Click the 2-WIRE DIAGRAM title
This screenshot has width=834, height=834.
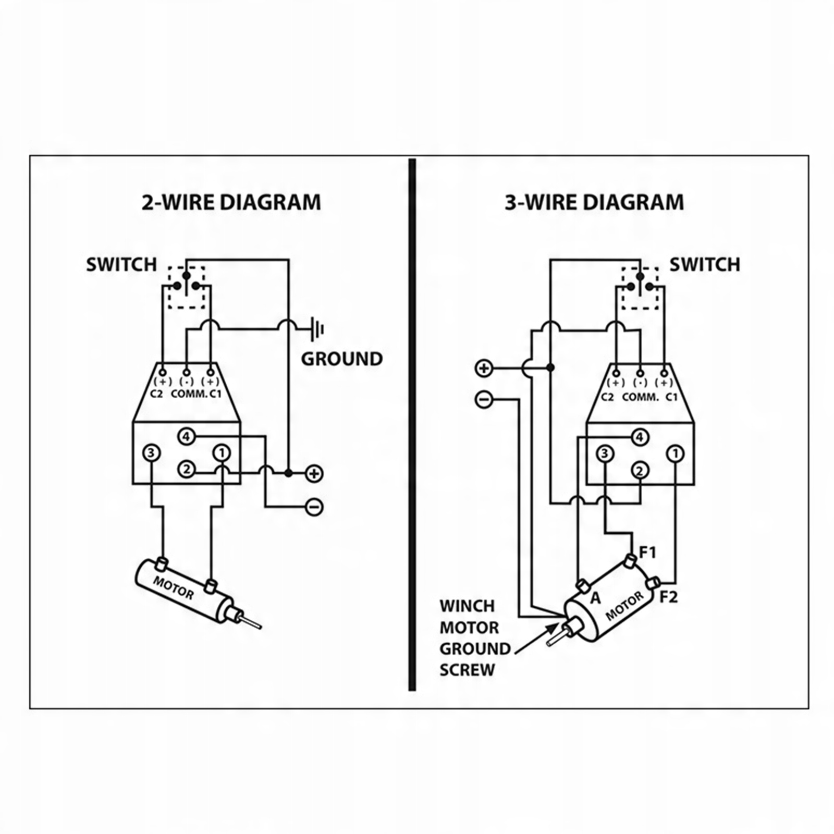click(231, 202)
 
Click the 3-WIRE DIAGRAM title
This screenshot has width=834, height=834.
click(594, 202)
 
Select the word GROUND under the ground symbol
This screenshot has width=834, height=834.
click(341, 359)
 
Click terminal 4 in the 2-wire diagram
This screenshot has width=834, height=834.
click(186, 436)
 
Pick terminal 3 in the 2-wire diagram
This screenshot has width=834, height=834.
click(151, 453)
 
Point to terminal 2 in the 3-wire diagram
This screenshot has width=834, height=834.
click(640, 471)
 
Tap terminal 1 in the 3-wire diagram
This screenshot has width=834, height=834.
click(676, 453)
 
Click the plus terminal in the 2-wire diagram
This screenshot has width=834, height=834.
click(314, 473)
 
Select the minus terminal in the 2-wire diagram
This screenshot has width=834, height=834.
click(314, 507)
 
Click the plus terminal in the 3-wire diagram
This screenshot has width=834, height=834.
click(484, 368)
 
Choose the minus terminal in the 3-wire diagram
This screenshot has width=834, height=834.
click(484, 400)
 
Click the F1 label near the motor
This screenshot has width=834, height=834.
click(648, 552)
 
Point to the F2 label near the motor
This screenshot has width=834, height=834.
click(669, 597)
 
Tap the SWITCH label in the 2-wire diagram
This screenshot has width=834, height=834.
click(121, 265)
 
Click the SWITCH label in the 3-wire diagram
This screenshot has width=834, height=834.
click(704, 265)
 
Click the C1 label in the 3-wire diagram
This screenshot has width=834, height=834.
click(671, 397)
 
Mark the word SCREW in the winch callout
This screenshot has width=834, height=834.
click(467, 670)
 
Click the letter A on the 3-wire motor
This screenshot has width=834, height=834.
click(595, 598)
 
